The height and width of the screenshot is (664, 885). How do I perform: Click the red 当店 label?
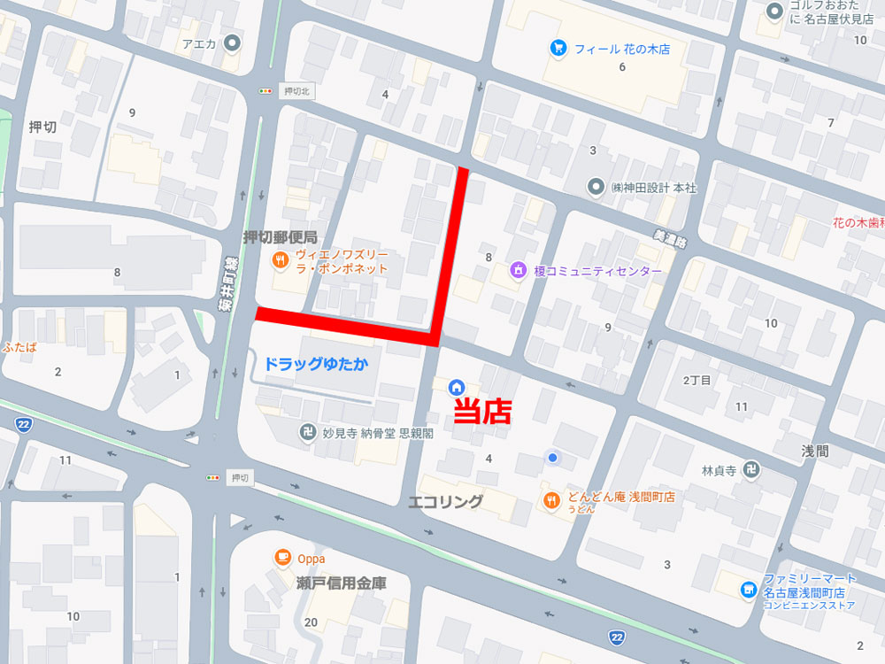tap(482, 412)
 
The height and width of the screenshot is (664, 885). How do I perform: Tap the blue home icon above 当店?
tap(457, 386)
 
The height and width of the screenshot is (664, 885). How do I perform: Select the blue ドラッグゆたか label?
tap(316, 364)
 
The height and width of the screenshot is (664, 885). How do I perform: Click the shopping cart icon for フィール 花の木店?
tap(558, 48)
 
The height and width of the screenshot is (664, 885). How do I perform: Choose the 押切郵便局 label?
tap(280, 236)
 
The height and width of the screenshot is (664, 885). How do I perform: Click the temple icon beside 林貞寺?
tap(750, 469)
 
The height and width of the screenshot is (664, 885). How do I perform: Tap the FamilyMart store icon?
tap(749, 589)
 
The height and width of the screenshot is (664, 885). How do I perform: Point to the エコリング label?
tap(445, 502)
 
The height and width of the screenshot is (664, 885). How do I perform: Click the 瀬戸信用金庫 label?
tap(341, 583)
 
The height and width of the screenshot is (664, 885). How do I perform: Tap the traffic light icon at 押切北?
tap(265, 91)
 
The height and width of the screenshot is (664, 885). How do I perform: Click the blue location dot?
tap(553, 457)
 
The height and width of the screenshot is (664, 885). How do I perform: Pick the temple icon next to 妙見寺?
tap(307, 433)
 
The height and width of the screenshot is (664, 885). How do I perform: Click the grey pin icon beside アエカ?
tap(233, 42)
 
